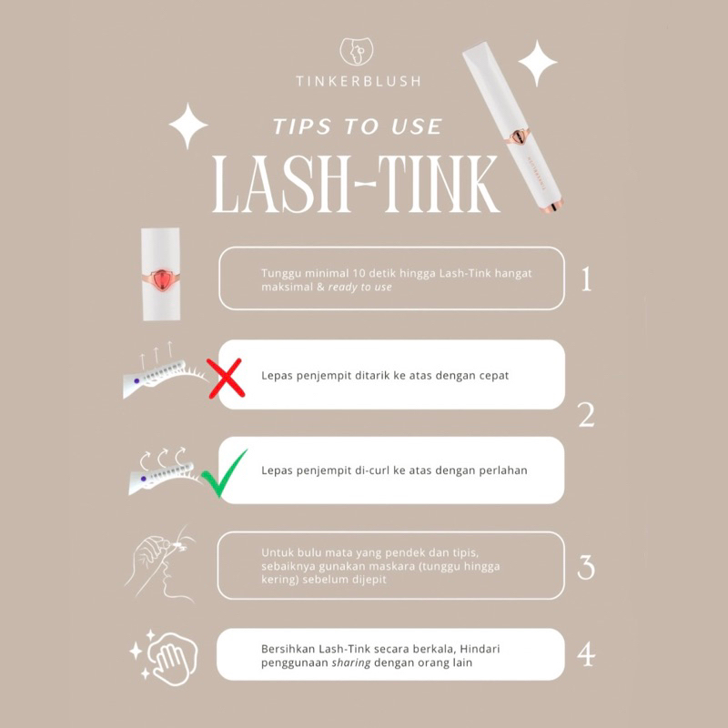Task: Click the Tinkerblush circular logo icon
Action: (x=357, y=51)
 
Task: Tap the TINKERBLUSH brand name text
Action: (x=359, y=82)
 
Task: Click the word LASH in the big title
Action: (x=281, y=184)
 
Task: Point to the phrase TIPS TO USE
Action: (x=358, y=126)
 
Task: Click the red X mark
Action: (x=226, y=379)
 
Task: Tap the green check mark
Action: (x=224, y=473)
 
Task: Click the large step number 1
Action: (x=586, y=278)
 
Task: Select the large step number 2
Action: (x=586, y=415)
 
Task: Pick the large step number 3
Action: (x=586, y=567)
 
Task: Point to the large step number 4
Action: (x=586, y=654)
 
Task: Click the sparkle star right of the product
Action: (x=538, y=63)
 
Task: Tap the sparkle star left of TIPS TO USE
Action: (x=188, y=126)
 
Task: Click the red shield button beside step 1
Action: (x=161, y=280)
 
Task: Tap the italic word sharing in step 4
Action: (x=351, y=662)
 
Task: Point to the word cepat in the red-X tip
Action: (x=495, y=376)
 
